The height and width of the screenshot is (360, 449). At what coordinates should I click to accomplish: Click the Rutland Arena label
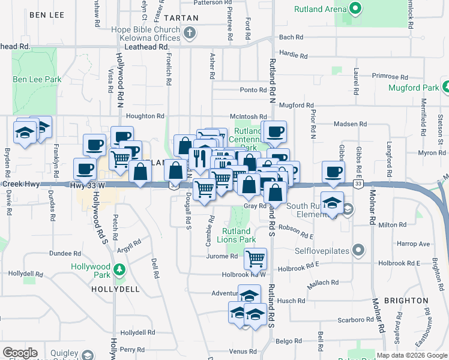pos(320,9)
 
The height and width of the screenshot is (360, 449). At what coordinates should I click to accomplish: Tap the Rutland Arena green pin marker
pos(355,9)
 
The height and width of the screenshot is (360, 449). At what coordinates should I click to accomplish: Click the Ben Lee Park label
pos(37,79)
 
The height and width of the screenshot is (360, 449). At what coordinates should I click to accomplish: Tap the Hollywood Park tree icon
pos(120,267)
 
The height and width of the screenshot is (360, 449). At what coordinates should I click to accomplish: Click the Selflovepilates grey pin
pos(358,249)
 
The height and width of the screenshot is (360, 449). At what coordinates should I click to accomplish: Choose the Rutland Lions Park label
pos(237,235)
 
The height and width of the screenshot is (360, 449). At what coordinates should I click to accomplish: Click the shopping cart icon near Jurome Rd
pos(256,259)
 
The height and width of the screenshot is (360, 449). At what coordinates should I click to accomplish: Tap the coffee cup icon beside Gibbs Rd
pos(333,171)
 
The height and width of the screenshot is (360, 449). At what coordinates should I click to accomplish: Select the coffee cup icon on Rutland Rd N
pos(275,131)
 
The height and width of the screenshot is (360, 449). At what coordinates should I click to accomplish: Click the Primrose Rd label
pos(389,76)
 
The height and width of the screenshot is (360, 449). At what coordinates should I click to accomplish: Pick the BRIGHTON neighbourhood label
pos(406,301)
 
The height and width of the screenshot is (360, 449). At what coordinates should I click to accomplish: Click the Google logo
pos(20,353)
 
